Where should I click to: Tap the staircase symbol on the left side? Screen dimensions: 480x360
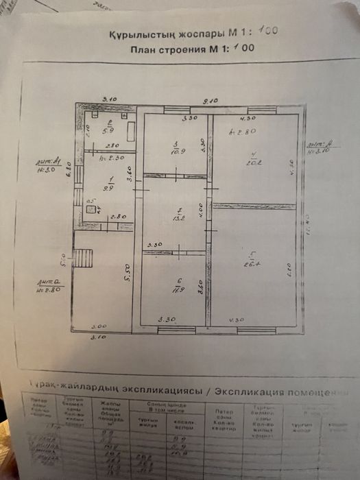coord(82,260)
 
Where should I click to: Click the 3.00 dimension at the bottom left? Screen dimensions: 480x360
coord(99,326)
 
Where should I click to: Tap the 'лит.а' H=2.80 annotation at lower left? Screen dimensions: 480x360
coord(49,283)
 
